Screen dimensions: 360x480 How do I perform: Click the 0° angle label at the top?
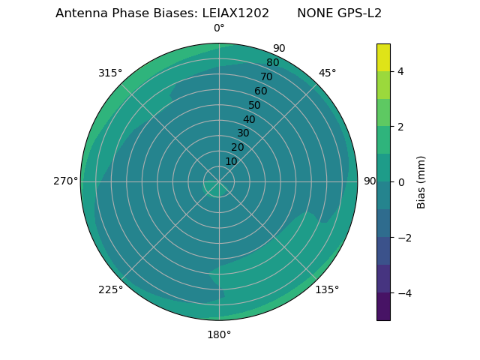click(x=219, y=28)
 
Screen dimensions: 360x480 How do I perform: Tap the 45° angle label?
click(x=327, y=73)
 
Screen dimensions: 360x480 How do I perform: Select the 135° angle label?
click(x=327, y=289)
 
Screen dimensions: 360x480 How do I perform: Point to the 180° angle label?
click(x=219, y=334)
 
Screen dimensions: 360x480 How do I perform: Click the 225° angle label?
click(x=110, y=289)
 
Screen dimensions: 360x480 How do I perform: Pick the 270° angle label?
click(x=66, y=181)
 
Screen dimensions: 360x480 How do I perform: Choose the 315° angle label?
click(x=110, y=73)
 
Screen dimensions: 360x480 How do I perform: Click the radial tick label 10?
click(x=231, y=161)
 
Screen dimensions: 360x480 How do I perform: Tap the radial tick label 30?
click(x=243, y=133)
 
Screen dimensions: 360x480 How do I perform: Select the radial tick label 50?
click(x=255, y=105)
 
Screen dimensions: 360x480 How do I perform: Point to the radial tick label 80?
click(x=272, y=63)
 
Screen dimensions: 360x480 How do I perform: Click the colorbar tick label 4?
click(x=400, y=71)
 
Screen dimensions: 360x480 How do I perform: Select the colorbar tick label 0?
click(x=400, y=181)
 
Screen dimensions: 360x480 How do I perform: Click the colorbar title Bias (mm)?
click(x=421, y=181)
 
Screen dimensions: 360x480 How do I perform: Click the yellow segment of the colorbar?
click(x=383, y=57)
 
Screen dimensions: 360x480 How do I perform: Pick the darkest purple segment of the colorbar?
click(x=383, y=306)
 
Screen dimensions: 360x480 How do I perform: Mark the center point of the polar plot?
click(x=219, y=181)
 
